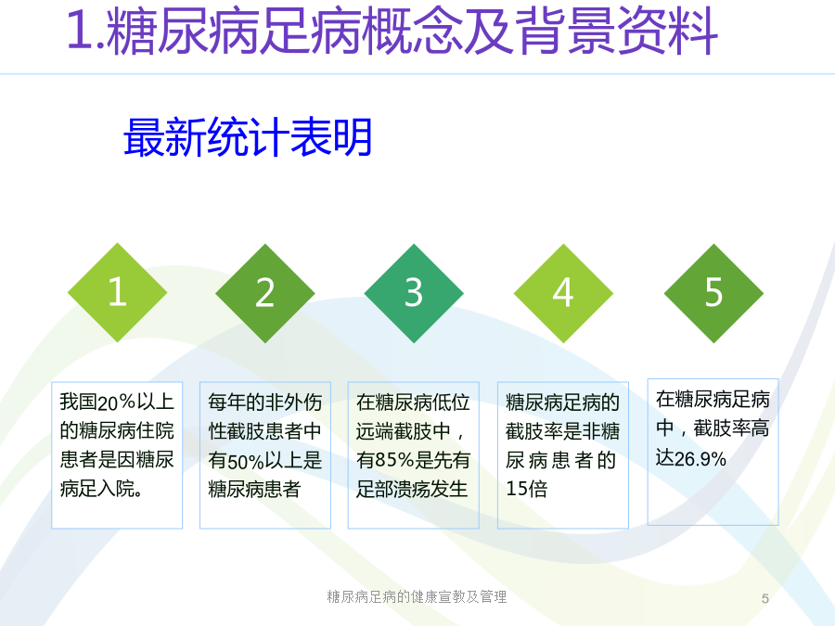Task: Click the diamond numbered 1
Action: (x=117, y=292)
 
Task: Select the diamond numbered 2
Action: (x=265, y=293)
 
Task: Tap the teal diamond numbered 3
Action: (x=414, y=293)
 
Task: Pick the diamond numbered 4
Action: (x=563, y=293)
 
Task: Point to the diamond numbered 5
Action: (x=713, y=293)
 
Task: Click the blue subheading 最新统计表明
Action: (x=248, y=137)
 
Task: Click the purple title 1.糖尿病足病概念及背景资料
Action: (x=392, y=31)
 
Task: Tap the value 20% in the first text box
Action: (x=117, y=402)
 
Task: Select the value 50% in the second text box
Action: (x=246, y=461)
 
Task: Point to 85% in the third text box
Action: (x=394, y=460)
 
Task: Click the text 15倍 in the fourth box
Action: (x=527, y=489)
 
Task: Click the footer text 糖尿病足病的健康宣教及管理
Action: (x=417, y=596)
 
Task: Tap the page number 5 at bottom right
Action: (x=765, y=599)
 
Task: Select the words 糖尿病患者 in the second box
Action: (x=254, y=489)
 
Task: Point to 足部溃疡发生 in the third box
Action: (x=412, y=489)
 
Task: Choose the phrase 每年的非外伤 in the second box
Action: (x=265, y=402)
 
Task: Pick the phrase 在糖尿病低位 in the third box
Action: (x=413, y=402)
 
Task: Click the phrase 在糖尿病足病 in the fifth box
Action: (x=713, y=399)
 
